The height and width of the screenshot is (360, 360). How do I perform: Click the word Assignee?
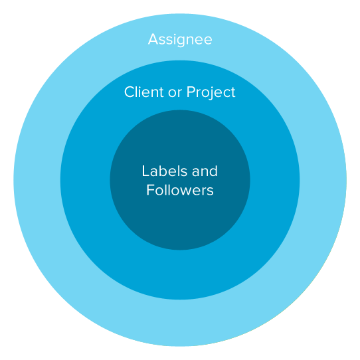180,39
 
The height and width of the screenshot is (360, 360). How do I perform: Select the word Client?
144,92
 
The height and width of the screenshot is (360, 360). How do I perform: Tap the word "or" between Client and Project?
175,94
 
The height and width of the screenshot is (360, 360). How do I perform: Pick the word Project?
211,93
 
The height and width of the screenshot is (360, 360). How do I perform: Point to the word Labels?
165,171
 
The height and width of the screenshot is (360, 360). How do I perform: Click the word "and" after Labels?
205,171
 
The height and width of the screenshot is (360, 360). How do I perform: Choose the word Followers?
180,190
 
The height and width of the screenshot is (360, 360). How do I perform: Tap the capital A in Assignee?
153,39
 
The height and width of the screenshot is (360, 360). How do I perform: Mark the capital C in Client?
130,92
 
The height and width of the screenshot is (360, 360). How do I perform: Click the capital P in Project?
191,92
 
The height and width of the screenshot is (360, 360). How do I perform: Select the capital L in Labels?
145,171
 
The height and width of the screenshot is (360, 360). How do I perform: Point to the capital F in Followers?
151,190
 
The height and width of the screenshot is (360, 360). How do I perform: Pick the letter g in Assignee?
181,41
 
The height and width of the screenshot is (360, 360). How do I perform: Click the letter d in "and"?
213,171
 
